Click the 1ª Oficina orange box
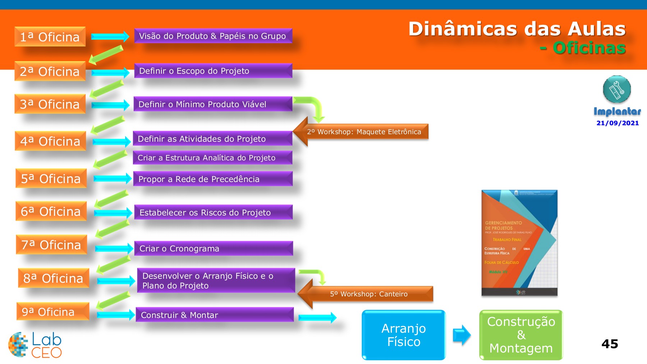point(50,37)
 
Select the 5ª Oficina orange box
point(51,178)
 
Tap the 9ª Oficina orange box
point(52,311)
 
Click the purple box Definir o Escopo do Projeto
point(213,71)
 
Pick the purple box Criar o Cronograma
point(214,249)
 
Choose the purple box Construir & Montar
point(215,315)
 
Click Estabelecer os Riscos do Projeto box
point(214,212)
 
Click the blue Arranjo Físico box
point(404,335)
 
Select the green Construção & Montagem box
point(521,335)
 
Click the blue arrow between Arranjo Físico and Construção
point(462,335)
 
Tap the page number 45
point(610,344)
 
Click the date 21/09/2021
point(618,123)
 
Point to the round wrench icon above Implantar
point(617,90)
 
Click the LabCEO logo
point(35,345)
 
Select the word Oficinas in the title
point(589,48)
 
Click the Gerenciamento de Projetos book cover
point(519,243)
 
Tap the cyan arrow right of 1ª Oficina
point(110,36)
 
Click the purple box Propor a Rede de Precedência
point(213,179)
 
